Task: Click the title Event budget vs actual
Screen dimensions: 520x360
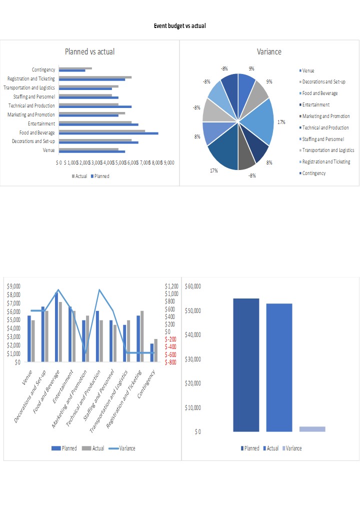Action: pos(179,26)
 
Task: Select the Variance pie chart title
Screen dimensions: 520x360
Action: pos(269,51)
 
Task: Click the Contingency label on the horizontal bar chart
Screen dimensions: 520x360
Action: pos(43,70)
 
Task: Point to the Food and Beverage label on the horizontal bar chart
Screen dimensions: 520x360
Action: pos(37,133)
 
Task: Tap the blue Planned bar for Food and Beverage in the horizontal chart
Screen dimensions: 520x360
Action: pos(108,133)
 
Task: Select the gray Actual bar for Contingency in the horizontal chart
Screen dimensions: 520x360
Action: pos(75,68)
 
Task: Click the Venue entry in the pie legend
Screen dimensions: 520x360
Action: pos(308,70)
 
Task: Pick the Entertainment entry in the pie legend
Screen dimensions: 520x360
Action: pos(315,105)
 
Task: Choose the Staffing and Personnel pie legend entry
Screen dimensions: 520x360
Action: pos(323,139)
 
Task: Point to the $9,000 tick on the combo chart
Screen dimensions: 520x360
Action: pos(13,286)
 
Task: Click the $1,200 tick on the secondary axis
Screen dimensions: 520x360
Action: pos(171,286)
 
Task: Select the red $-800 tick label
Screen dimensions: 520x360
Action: pos(171,362)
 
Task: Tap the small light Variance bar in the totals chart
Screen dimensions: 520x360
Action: pos(312,429)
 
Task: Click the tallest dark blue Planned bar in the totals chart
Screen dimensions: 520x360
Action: pos(246,365)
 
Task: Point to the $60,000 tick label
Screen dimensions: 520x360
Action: pos(192,286)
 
